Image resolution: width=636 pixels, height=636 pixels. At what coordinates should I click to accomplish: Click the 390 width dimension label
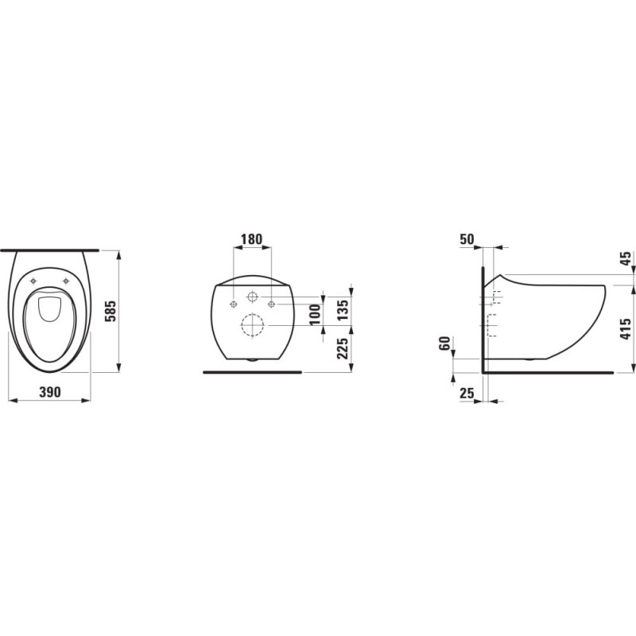point(49,394)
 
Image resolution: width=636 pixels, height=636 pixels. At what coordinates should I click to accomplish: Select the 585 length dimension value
point(112,311)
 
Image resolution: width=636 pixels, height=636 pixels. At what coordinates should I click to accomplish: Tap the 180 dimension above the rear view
point(251,239)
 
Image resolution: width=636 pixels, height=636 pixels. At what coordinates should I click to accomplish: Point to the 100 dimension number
point(315,312)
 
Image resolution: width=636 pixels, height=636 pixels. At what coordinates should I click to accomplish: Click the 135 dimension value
point(342,307)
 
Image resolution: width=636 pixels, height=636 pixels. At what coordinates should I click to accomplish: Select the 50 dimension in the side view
point(467,239)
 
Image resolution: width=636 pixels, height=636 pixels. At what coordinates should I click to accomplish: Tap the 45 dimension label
point(626,258)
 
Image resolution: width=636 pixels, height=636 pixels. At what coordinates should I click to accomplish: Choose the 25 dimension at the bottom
point(467,394)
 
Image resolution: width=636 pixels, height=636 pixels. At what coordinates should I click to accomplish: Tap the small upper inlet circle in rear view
point(252,298)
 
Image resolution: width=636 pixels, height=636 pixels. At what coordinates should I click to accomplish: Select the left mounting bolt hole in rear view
point(232,304)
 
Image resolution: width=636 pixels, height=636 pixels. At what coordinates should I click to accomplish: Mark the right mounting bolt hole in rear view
point(271,304)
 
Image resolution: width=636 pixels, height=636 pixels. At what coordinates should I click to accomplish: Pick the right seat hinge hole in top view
point(66,281)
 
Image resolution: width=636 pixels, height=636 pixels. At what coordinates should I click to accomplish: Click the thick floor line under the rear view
point(253,371)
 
